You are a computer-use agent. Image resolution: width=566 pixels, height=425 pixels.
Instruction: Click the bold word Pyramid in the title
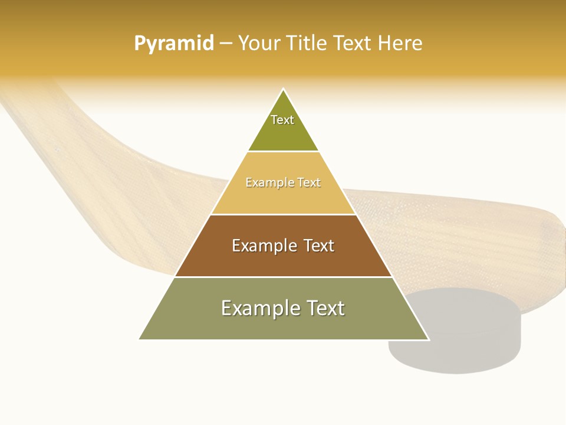[174, 43]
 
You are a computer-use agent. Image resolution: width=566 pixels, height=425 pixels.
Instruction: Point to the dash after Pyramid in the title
[225, 43]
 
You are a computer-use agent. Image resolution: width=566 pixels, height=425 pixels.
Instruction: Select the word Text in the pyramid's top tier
[282, 120]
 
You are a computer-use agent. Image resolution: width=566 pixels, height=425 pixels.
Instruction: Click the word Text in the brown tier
[316, 246]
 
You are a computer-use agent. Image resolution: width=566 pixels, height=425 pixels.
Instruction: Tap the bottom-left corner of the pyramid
[140, 339]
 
